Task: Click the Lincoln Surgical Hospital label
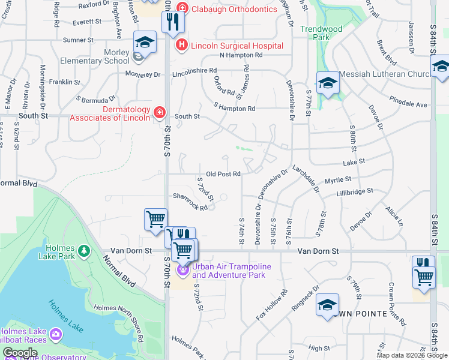click(237, 46)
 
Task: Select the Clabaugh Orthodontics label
click(235, 9)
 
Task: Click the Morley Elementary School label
click(95, 56)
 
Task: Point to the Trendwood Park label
click(321, 32)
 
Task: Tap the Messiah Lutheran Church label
click(385, 74)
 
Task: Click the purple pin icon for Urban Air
click(182, 271)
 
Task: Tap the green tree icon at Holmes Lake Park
click(85, 250)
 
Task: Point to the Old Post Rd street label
click(223, 174)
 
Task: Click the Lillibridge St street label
click(355, 190)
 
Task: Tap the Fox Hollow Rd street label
click(272, 305)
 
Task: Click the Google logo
click(20, 353)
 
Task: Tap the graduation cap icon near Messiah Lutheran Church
click(328, 83)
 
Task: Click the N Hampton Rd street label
click(241, 55)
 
